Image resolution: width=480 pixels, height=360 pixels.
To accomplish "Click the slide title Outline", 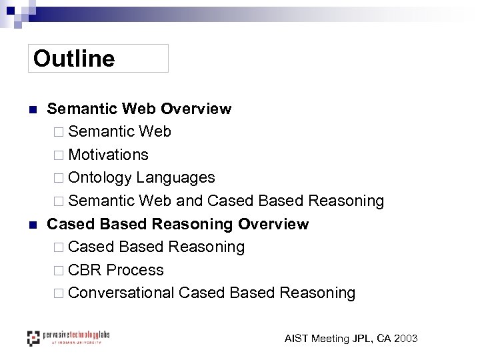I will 74,59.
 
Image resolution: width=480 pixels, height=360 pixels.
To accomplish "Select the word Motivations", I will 108,155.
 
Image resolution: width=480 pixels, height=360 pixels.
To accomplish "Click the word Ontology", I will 100,178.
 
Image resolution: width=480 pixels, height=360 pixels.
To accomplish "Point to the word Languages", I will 175,178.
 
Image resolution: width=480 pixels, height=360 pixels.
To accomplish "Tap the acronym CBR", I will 85,270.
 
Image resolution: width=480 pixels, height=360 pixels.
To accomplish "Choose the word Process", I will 135,270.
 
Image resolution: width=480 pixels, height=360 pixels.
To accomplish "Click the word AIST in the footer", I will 297,339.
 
